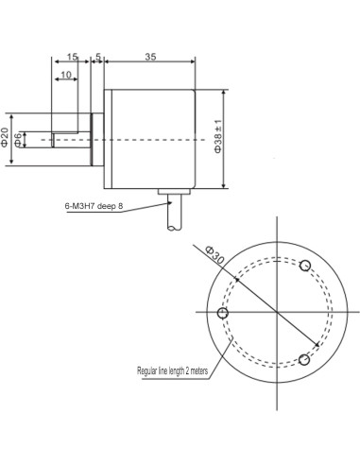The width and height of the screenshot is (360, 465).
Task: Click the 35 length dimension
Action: click(x=150, y=58)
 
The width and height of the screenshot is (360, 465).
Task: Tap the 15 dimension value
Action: click(x=73, y=58)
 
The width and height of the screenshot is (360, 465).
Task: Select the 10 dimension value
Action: click(x=66, y=75)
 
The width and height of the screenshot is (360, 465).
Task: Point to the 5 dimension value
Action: click(x=98, y=58)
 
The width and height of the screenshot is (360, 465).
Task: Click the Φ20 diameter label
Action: click(x=7, y=138)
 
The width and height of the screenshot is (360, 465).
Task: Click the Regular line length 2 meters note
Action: click(x=172, y=371)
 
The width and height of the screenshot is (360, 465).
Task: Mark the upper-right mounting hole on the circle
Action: click(x=305, y=265)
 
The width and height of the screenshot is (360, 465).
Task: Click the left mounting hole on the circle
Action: click(x=223, y=313)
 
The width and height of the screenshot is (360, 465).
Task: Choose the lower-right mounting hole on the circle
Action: click(x=304, y=359)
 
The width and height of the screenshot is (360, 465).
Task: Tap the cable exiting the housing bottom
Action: click(x=174, y=218)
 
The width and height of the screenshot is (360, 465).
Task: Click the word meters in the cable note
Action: click(x=197, y=371)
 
